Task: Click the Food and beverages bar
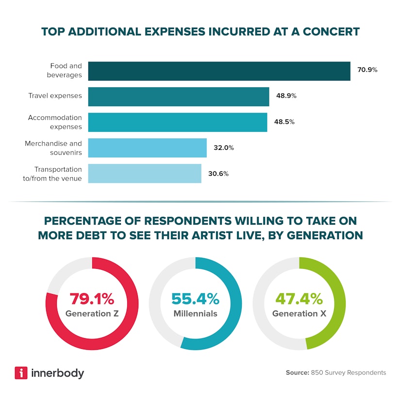click(x=219, y=71)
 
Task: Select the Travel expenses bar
click(x=178, y=97)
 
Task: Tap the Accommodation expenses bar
click(x=177, y=122)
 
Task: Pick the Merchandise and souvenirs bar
click(x=147, y=148)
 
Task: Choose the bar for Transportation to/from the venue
click(x=144, y=174)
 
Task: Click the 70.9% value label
click(x=368, y=70)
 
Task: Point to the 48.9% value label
click(x=285, y=96)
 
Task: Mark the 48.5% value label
click(x=284, y=122)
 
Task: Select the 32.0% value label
click(x=223, y=148)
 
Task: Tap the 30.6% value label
click(x=218, y=174)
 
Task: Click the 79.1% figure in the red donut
click(x=92, y=297)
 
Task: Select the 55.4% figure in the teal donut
click(x=195, y=297)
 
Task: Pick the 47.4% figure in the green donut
click(x=299, y=297)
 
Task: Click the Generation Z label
click(x=92, y=313)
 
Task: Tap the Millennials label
click(x=195, y=313)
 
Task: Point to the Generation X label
click(x=299, y=313)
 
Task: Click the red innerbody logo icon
click(x=21, y=373)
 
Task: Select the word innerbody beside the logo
click(x=57, y=373)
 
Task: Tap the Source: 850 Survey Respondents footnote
click(x=336, y=373)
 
